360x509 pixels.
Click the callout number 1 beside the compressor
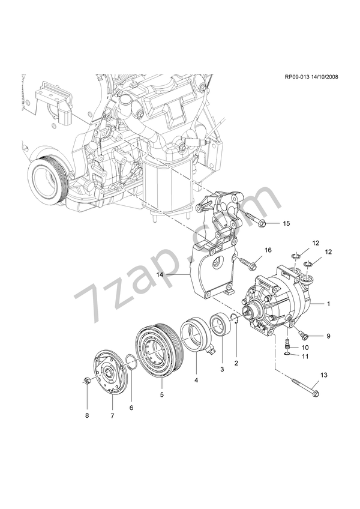tap(329, 304)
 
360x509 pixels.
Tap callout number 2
tap(236, 363)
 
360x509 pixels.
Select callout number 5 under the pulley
tap(160, 394)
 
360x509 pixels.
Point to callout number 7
tap(112, 415)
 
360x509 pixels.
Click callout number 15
tap(286, 223)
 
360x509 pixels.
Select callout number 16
tap(268, 249)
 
